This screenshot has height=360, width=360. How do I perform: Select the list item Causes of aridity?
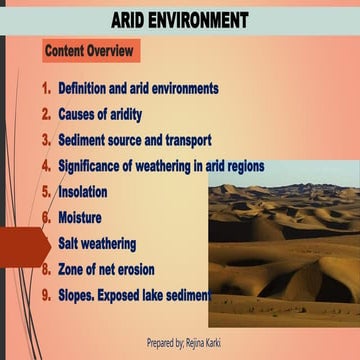[x=105, y=115]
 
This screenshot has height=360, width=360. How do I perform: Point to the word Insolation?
[x=82, y=191]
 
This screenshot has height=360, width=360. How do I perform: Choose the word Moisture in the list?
[x=81, y=217]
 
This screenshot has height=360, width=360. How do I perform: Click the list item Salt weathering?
[x=97, y=243]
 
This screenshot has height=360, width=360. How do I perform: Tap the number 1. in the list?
[x=46, y=89]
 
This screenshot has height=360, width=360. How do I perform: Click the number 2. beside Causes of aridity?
[x=46, y=115]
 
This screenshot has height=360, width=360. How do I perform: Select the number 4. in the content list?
[x=46, y=166]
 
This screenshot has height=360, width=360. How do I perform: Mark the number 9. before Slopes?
[x=46, y=295]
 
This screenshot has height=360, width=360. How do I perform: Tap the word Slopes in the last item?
[x=79, y=295]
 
